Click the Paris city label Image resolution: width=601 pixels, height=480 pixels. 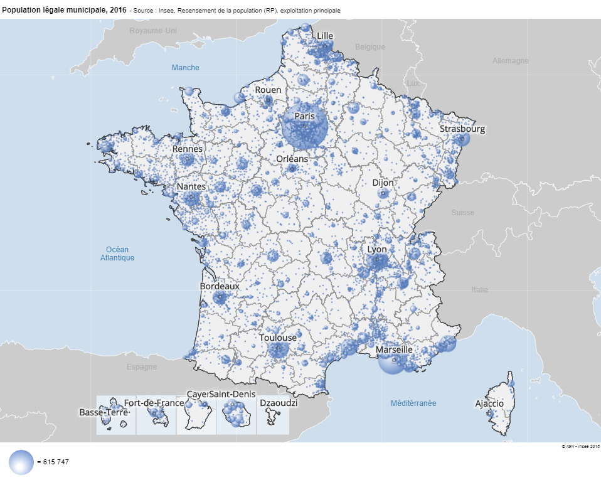pos(304,116)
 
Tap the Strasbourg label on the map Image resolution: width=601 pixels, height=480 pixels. pos(462,129)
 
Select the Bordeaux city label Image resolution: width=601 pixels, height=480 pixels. pos(220,286)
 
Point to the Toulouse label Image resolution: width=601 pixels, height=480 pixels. pos(278,338)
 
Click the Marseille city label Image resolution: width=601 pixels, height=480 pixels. pos(394,349)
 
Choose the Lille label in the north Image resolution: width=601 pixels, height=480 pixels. pos(325,36)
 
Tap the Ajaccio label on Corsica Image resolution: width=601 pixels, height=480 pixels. pos(489,403)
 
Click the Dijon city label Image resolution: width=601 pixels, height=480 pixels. pos(383,183)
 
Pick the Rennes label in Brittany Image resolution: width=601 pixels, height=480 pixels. pos(188,149)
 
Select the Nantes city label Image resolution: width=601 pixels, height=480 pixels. pos(191,187)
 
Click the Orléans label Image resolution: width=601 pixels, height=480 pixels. pos(292,159)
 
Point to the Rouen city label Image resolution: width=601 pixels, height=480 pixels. pos(268,90)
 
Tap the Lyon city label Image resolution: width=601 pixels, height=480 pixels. pos(377,249)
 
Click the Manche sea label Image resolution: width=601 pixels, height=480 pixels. pos(186,68)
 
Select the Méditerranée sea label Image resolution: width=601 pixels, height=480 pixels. pos(413,403)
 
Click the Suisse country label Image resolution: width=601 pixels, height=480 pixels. pos(463,213)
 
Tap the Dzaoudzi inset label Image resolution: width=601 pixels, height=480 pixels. pos(279,403)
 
